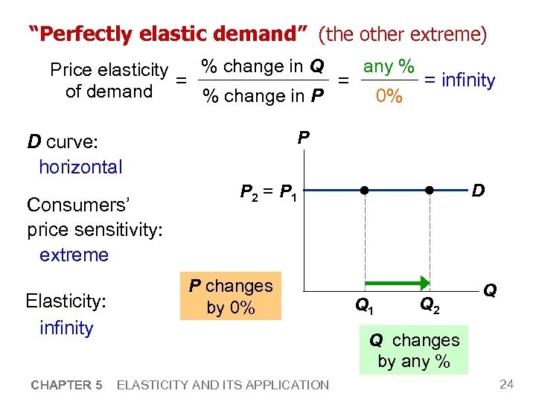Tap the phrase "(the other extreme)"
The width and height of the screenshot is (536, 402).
click(403, 34)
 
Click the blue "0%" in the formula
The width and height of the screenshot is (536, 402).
click(389, 96)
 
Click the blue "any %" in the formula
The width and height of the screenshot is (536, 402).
click(389, 66)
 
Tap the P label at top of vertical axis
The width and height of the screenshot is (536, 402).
click(303, 138)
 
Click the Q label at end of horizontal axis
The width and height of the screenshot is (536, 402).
click(490, 290)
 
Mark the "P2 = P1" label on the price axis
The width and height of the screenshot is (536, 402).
click(269, 194)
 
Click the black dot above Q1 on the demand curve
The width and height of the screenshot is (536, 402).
click(366, 191)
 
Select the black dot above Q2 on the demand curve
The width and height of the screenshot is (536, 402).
click(430, 191)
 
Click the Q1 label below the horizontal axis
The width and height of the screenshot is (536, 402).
click(365, 304)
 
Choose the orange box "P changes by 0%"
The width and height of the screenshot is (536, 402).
click(231, 296)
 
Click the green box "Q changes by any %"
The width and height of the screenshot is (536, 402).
click(414, 351)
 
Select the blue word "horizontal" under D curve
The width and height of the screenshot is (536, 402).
click(80, 167)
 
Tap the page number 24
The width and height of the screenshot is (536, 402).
click(507, 384)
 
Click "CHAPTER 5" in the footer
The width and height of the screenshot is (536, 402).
click(66, 385)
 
